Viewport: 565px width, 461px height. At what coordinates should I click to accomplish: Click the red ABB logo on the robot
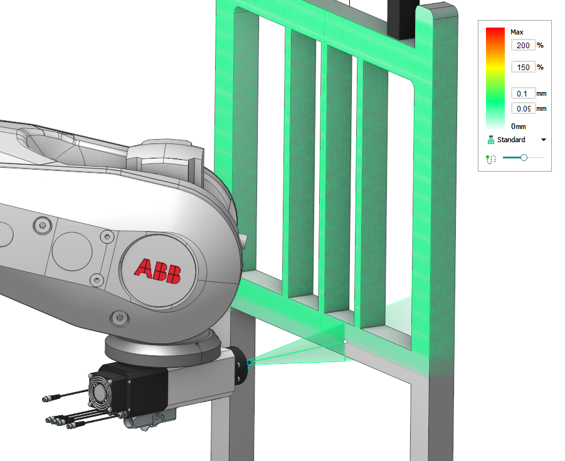[x=158, y=271]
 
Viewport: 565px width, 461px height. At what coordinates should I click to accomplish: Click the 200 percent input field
[x=523, y=45]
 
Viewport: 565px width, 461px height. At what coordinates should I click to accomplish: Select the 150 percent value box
[x=523, y=67]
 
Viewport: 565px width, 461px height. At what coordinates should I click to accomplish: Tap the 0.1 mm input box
[x=523, y=93]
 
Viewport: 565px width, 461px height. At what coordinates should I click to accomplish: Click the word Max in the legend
[x=517, y=32]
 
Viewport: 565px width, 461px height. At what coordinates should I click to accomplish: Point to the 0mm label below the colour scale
[x=518, y=127]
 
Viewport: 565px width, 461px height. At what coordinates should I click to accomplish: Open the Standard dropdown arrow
[x=544, y=140]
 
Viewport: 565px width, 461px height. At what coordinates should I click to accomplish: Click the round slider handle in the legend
[x=524, y=158]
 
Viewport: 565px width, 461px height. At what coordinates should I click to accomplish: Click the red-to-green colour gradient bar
[x=495, y=78]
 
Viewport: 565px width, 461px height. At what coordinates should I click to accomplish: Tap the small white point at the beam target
[x=345, y=341]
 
